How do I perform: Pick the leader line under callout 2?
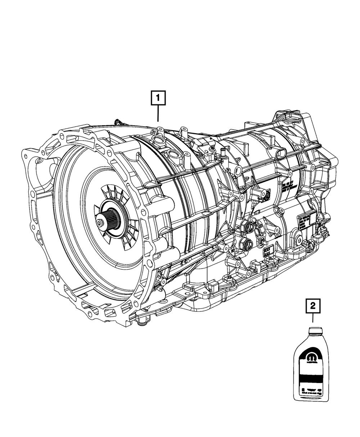pos(312,318)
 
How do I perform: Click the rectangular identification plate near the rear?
pos(305,223)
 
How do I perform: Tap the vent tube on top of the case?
pos(223,154)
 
